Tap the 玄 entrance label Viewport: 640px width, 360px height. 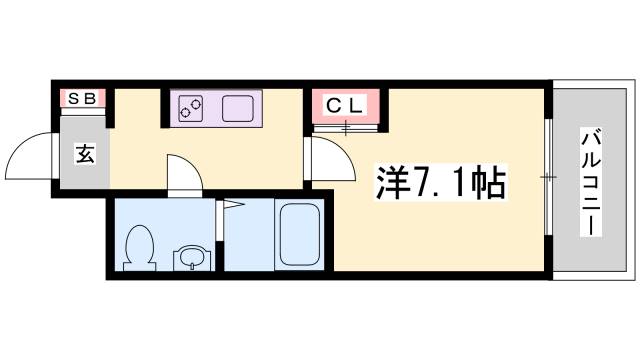click(84, 155)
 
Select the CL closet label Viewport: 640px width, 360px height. click(344, 104)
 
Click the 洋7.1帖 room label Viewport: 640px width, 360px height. click(440, 182)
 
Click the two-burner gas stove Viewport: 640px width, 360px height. click(192, 107)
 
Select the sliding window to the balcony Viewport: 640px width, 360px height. click(548, 177)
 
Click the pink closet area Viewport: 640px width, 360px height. click(344, 106)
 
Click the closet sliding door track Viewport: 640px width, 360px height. click(346, 127)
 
